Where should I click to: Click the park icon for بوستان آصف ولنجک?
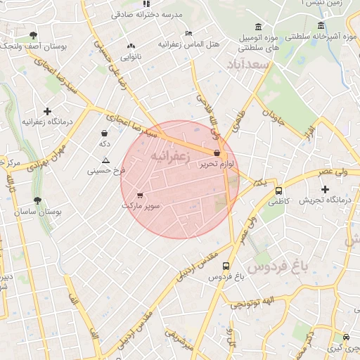(33, 34)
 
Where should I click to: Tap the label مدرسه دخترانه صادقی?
(147, 13)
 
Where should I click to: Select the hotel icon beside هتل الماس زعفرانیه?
(188, 33)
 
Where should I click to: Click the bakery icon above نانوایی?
(131, 46)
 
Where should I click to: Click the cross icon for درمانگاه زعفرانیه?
(47, 111)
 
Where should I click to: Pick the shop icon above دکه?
(105, 133)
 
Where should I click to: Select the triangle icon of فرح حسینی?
(105, 160)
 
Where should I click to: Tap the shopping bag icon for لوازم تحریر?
(217, 152)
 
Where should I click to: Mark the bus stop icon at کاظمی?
(278, 190)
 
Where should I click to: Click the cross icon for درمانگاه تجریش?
(325, 189)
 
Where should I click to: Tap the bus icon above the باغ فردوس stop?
(226, 266)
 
